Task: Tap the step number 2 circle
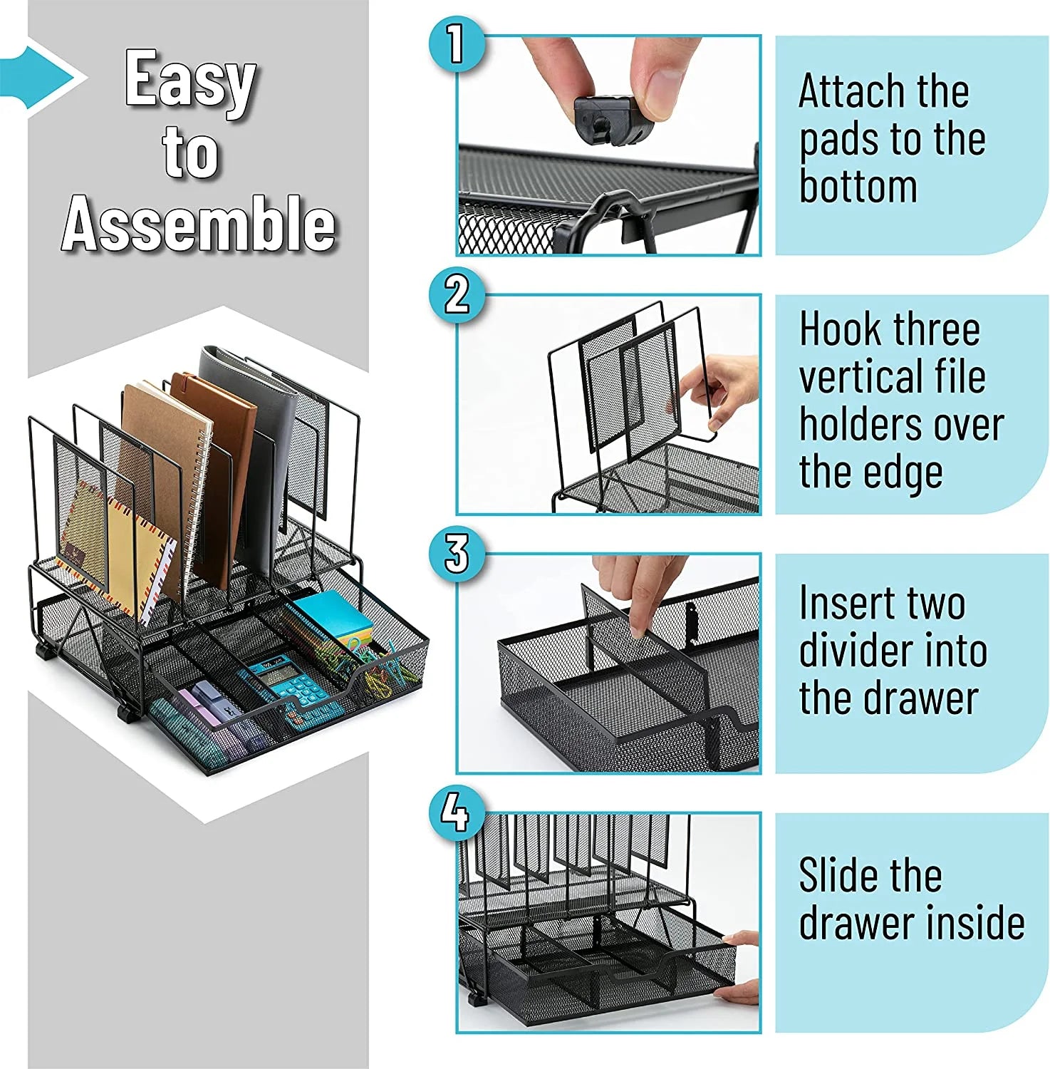tap(457, 294)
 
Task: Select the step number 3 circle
tap(457, 553)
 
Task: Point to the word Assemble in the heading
tap(198, 223)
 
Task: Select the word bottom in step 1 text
tap(858, 187)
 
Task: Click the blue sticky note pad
tap(335, 616)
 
